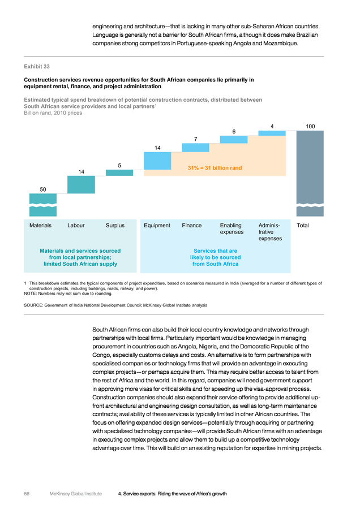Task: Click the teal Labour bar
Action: (x=82, y=185)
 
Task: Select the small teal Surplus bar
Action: (x=119, y=172)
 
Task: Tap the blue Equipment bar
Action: (x=157, y=161)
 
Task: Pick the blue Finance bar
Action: (x=196, y=148)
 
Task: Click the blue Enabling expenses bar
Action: (x=234, y=140)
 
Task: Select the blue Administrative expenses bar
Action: (x=272, y=133)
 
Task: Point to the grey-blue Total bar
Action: (x=310, y=174)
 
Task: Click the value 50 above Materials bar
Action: (x=43, y=189)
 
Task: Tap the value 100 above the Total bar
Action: (x=310, y=126)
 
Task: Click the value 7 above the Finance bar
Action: (x=196, y=139)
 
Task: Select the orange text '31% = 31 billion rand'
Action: (x=215, y=168)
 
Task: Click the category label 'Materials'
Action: (x=40, y=225)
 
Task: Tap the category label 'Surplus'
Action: (x=115, y=225)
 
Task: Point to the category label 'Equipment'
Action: (x=157, y=225)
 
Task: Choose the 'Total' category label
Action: (x=303, y=225)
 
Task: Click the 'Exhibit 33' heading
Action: (x=37, y=67)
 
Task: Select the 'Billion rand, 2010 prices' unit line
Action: (x=53, y=113)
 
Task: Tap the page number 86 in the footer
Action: (x=27, y=494)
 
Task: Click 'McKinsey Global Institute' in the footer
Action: (x=76, y=494)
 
